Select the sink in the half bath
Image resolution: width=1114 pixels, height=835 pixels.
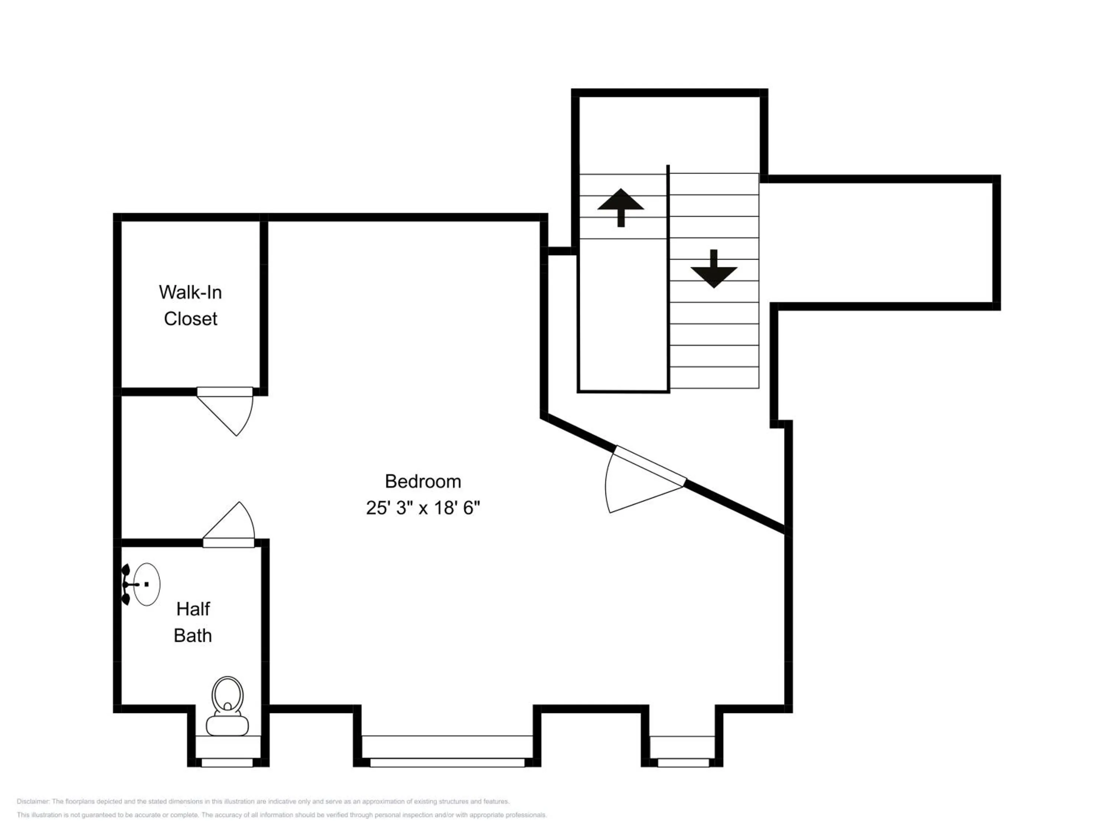click(x=147, y=584)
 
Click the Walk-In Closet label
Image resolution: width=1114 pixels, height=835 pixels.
click(x=190, y=305)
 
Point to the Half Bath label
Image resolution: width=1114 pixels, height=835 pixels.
click(x=193, y=622)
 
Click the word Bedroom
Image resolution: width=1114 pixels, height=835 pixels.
click(x=423, y=482)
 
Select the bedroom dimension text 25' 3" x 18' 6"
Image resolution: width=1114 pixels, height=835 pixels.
click(x=423, y=508)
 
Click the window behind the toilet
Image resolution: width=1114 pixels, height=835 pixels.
click(x=227, y=763)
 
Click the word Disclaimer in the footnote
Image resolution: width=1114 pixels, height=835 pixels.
click(x=33, y=801)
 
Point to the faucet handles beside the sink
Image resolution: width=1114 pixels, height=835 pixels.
click(x=126, y=584)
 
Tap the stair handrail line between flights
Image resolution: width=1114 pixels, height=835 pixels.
click(x=668, y=277)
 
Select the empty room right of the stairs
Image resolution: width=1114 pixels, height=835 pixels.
click(x=879, y=243)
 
